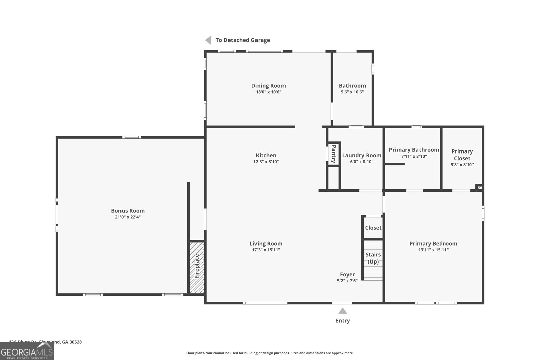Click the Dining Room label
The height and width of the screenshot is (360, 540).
click(x=268, y=86)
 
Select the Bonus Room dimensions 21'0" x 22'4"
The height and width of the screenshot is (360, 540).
click(x=128, y=217)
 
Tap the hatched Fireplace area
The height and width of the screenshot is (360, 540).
click(x=197, y=267)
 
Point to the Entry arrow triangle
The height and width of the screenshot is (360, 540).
click(x=343, y=311)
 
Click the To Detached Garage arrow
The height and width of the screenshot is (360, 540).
click(x=208, y=40)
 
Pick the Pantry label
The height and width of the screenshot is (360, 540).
click(x=333, y=154)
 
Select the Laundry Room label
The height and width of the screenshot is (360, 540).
click(x=361, y=155)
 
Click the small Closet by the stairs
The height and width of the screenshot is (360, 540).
click(x=373, y=228)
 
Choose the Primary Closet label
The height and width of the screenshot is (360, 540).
click(x=462, y=155)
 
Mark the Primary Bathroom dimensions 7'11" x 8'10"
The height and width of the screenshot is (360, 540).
click(x=414, y=156)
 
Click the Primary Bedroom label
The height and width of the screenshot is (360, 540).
click(x=433, y=243)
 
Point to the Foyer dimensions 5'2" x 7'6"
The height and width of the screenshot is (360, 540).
click(x=347, y=281)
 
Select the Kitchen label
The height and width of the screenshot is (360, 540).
click(x=266, y=155)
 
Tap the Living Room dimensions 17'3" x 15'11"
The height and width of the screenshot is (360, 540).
click(x=266, y=250)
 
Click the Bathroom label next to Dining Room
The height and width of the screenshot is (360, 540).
click(x=352, y=86)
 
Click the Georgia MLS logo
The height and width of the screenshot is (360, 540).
click(x=27, y=351)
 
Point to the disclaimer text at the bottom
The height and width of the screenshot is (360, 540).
click(x=270, y=353)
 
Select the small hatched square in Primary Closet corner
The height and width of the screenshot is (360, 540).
click(x=479, y=187)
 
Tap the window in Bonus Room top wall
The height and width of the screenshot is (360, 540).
click(x=131, y=137)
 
